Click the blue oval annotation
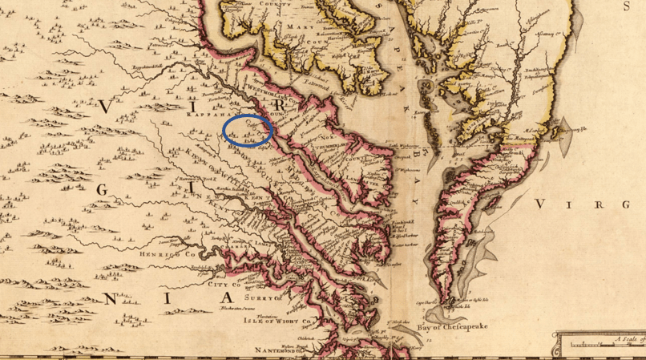click(x=248, y=129)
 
